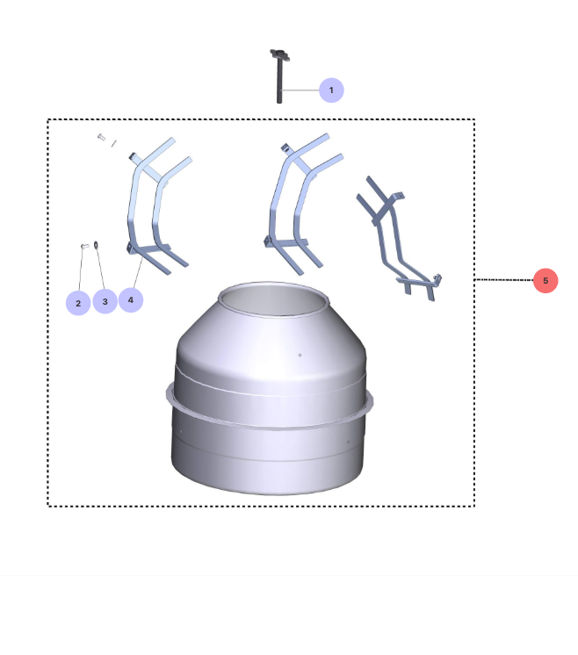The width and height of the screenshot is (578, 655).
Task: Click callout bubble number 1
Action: click(x=331, y=90)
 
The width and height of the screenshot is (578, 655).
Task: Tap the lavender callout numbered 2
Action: click(x=78, y=303)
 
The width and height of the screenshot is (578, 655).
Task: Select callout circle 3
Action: click(x=105, y=302)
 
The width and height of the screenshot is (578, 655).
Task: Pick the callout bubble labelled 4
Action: click(x=131, y=299)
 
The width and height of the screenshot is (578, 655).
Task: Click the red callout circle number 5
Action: click(x=545, y=280)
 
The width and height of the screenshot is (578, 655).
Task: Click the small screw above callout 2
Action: click(x=84, y=247)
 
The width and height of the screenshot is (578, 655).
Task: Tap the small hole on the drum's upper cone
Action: click(x=300, y=355)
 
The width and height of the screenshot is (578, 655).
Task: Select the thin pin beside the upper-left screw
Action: click(x=114, y=143)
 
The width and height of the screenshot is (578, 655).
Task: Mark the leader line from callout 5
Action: click(x=503, y=280)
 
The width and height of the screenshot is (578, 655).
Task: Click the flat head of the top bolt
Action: click(x=278, y=55)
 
